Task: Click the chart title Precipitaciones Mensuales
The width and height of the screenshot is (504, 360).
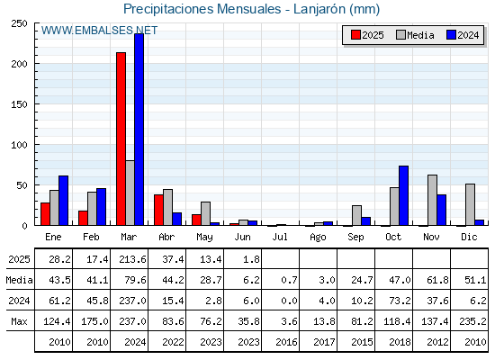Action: click(202, 9)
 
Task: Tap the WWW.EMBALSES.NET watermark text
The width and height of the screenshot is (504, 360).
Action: click(99, 31)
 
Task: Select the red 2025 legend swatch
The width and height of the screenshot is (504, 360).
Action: click(355, 35)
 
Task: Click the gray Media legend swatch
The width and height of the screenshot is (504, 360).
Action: click(400, 35)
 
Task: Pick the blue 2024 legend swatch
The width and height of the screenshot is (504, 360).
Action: click(451, 35)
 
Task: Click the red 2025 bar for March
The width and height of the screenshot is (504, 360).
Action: click(121, 139)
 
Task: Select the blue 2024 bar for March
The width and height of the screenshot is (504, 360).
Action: click(139, 130)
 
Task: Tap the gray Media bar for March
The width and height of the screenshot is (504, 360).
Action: click(130, 193)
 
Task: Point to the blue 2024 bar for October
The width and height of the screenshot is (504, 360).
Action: click(403, 195)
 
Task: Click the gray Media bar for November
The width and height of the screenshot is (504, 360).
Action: click(432, 200)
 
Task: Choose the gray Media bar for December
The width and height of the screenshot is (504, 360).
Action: click(470, 204)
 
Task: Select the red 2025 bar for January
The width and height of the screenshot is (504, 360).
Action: click(45, 214)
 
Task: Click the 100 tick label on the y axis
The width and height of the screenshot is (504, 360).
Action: click(19, 145)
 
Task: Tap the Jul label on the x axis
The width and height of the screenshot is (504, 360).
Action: click(280, 237)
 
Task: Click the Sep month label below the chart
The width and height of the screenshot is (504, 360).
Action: click(355, 238)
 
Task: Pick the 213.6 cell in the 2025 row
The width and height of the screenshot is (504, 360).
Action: click(132, 259)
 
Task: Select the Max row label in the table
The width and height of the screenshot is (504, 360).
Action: click(19, 321)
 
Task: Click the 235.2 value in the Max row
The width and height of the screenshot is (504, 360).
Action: click(472, 321)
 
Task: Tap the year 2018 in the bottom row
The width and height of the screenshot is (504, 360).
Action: click(400, 342)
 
